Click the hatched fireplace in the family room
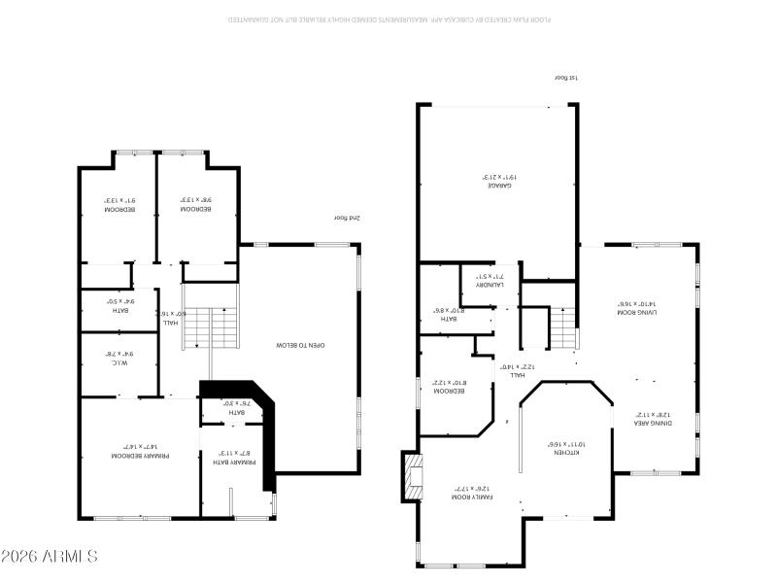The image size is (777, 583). tap(415, 477)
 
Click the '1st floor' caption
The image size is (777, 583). tap(565, 78)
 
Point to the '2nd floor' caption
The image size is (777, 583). tap(347, 219)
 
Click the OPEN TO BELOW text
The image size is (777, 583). tap(300, 345)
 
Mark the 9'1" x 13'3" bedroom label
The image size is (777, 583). tap(119, 205)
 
